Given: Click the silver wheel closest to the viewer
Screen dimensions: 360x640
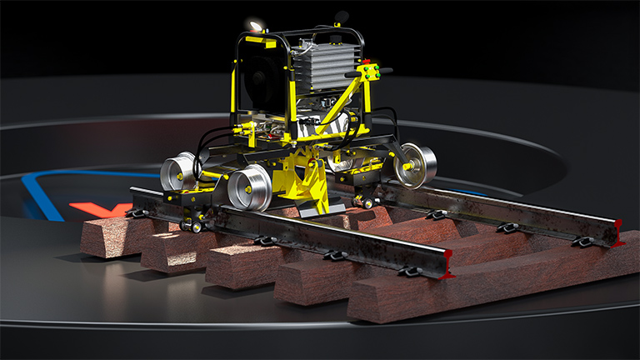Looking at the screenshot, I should [247, 187].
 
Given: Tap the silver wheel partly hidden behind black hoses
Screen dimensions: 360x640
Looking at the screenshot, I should [177, 171].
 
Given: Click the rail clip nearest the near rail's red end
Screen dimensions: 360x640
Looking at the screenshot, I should [409, 270].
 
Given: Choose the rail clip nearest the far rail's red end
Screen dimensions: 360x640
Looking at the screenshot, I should [583, 241].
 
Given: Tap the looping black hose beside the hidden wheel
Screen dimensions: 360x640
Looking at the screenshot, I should [200, 162].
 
